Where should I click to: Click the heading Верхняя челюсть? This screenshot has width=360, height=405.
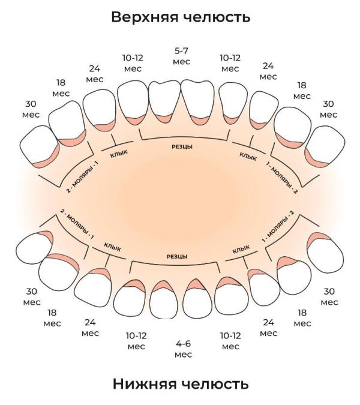(181, 17)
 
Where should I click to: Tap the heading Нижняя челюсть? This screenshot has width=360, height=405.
(181, 384)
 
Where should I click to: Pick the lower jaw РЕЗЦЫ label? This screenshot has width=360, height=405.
(177, 256)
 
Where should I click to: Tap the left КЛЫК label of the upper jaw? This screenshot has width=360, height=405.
(119, 154)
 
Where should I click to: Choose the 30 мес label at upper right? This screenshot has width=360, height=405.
(328, 109)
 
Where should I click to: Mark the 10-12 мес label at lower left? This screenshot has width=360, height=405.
(136, 341)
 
